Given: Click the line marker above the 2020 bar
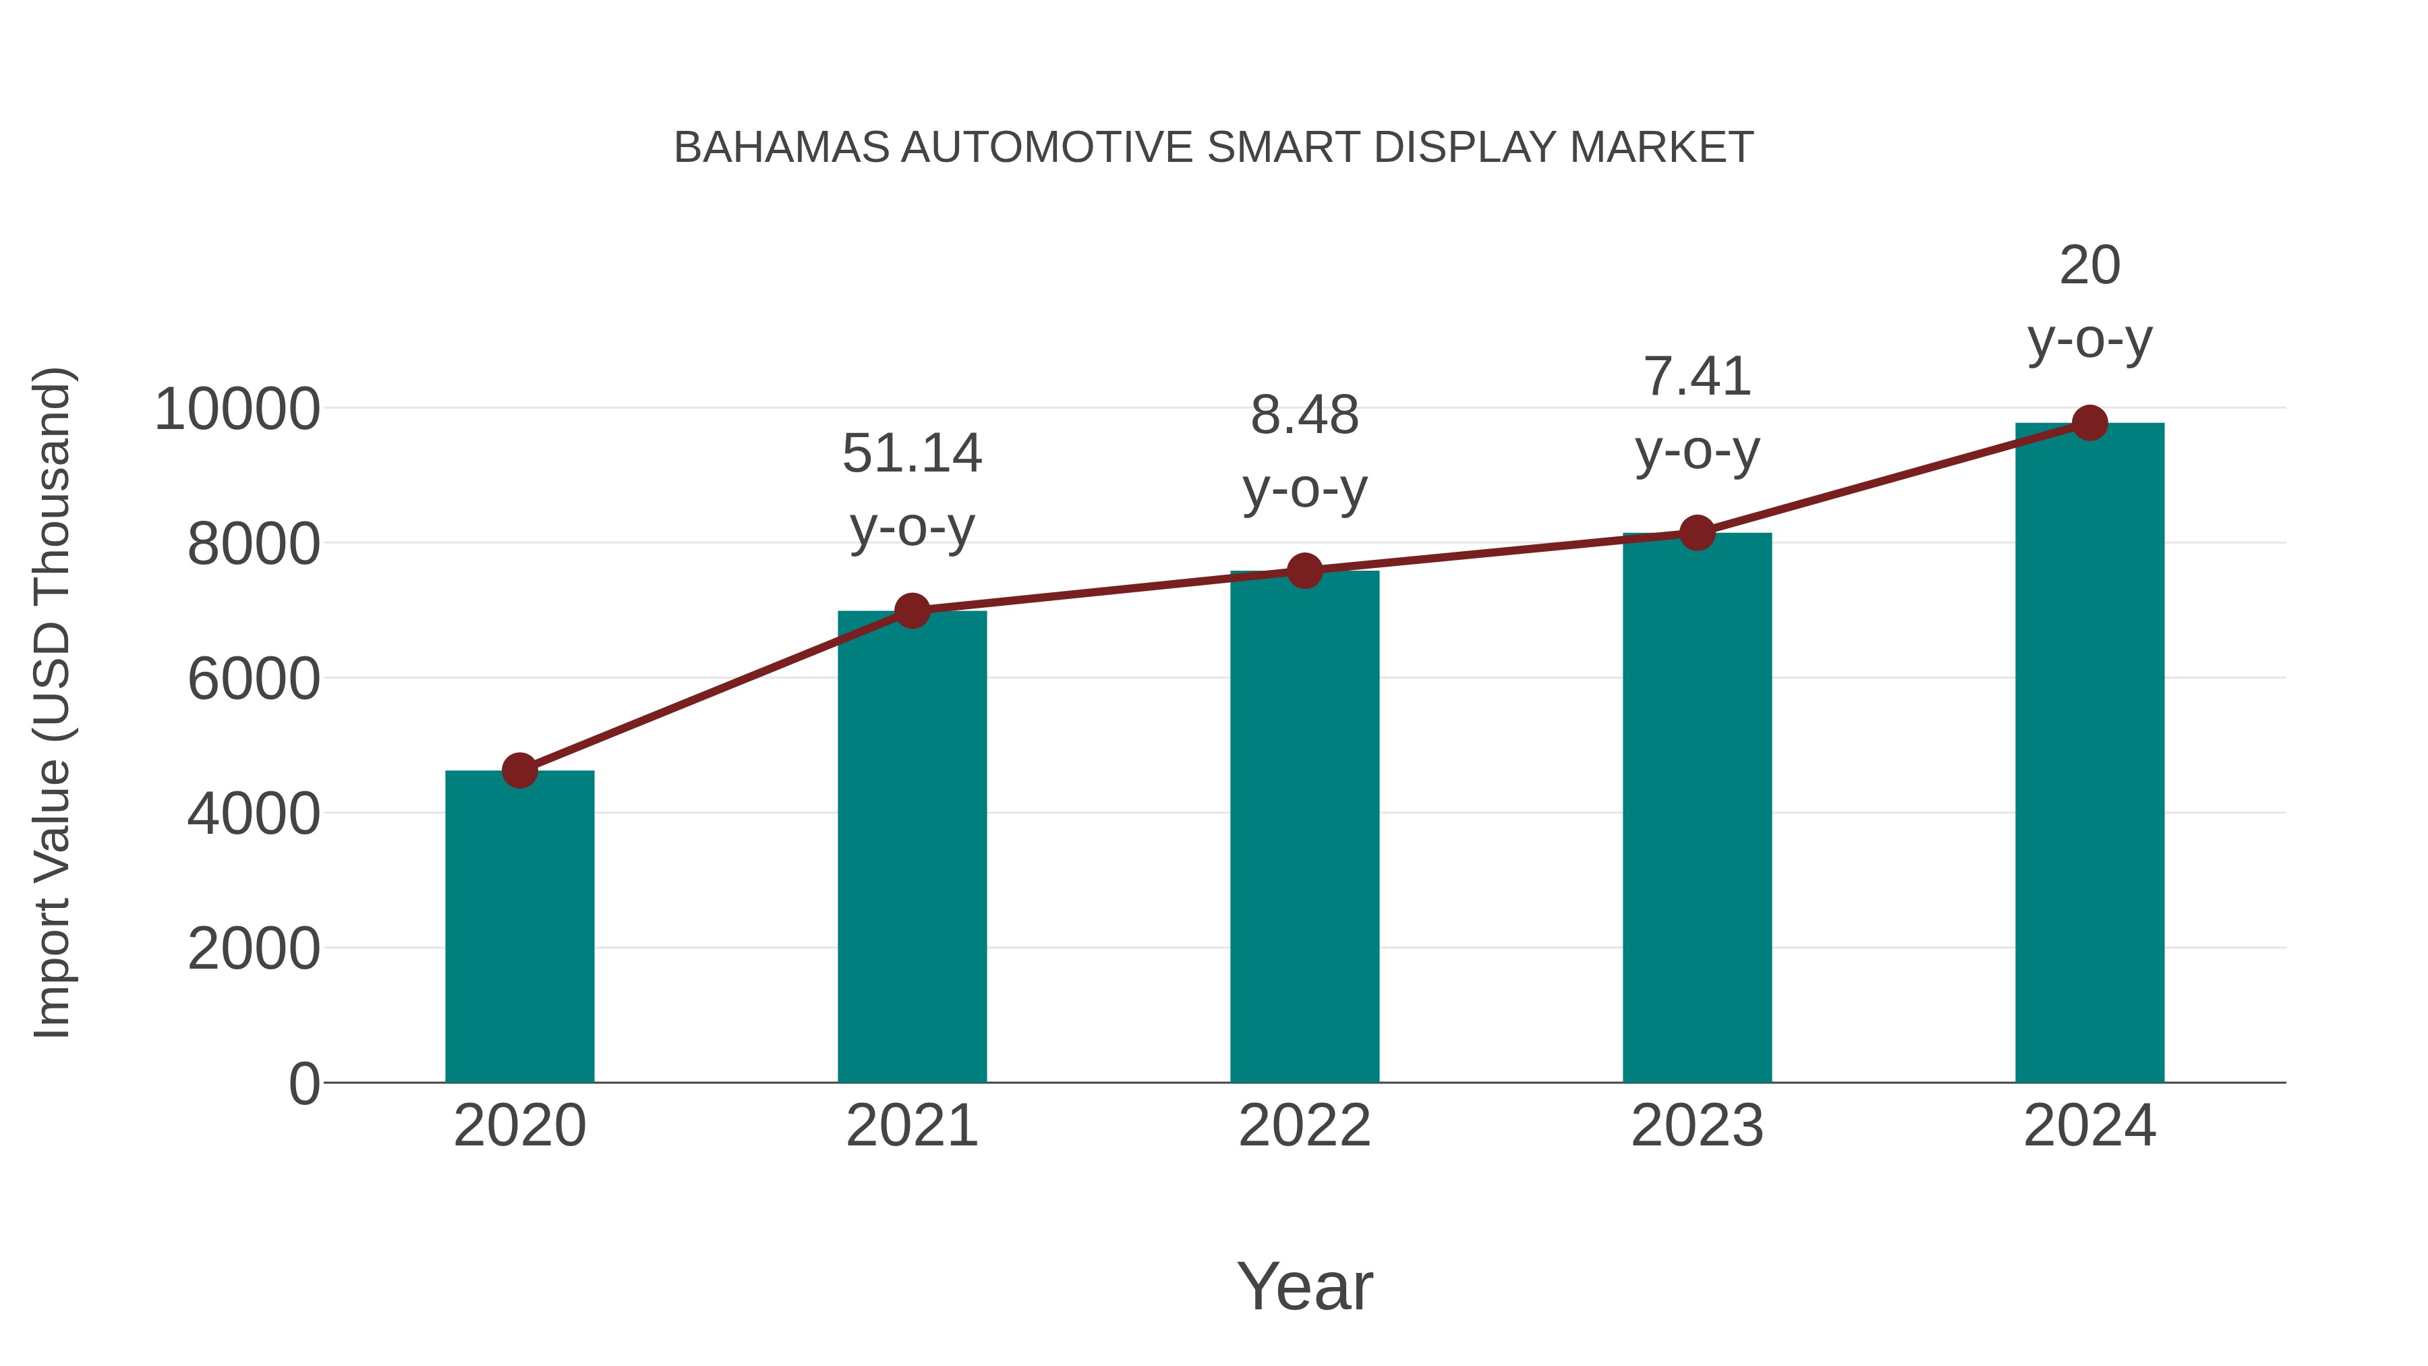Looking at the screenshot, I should pyautogui.click(x=519, y=770).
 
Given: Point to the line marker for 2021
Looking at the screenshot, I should pyautogui.click(x=911, y=611).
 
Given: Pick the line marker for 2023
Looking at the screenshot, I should pyautogui.click(x=1697, y=533).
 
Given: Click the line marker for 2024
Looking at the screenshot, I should pyautogui.click(x=2089, y=423).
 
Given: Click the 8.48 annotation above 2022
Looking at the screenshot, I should pyautogui.click(x=1304, y=415).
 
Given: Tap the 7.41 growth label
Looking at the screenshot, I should pyautogui.click(x=1697, y=376).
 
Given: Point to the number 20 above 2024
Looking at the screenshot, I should pyautogui.click(x=2089, y=265).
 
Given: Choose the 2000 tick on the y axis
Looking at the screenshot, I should pyautogui.click(x=254, y=948).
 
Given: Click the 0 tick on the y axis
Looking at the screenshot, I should pyautogui.click(x=303, y=1083).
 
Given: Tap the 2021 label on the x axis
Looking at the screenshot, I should pyautogui.click(x=911, y=1126).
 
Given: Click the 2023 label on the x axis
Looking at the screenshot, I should pyautogui.click(x=1697, y=1126).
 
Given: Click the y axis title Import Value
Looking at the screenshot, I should pyautogui.click(x=53, y=702).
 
